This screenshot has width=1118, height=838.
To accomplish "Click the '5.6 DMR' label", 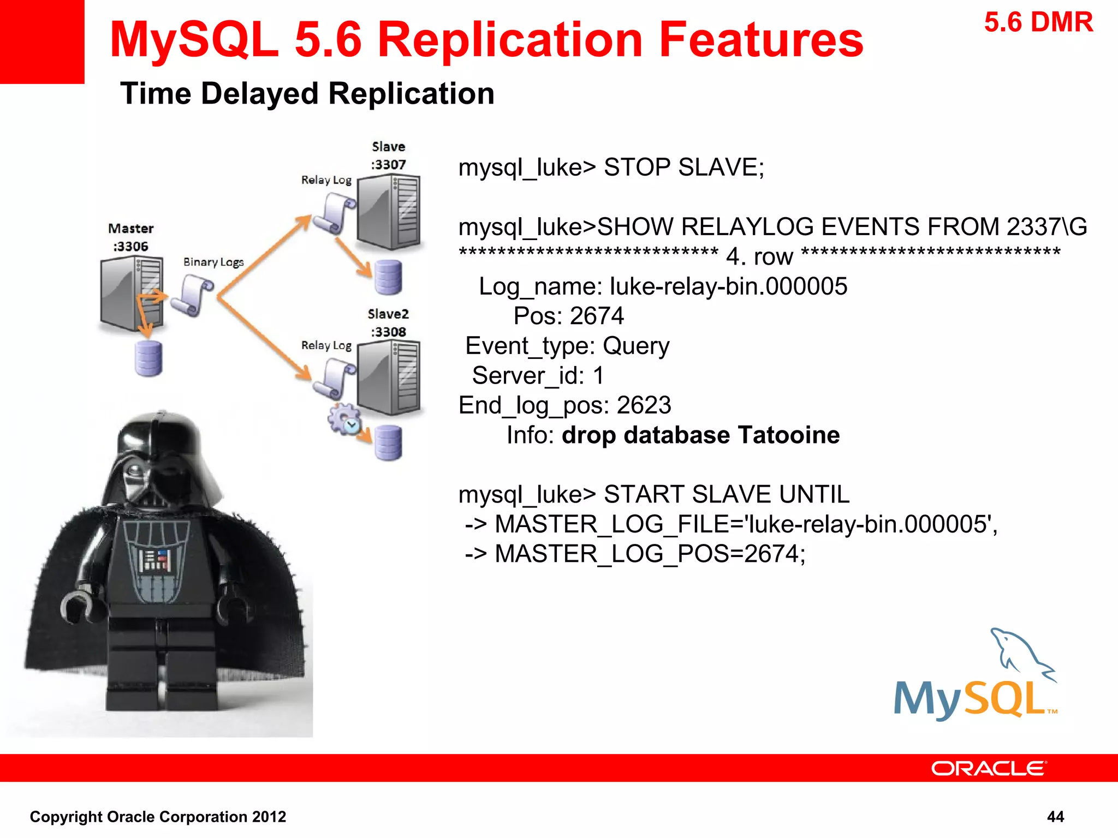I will [1038, 23].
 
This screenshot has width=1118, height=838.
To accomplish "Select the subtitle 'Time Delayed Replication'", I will [307, 93].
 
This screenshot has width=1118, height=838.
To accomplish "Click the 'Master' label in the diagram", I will [130, 228].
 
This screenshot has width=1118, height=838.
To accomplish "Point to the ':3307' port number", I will [388, 164].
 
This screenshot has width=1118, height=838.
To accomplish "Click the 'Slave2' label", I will [388, 314].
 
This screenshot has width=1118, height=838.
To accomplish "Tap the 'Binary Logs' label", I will [213, 262].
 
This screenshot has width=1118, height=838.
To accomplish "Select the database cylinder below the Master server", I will [148, 358].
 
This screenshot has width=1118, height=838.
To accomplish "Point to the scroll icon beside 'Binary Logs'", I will [192, 295].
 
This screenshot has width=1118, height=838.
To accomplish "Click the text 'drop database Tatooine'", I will [700, 435].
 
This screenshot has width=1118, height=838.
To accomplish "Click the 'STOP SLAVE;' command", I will [683, 167].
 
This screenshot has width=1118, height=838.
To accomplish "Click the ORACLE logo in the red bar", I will [988, 768].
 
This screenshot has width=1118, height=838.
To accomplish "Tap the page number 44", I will [1055, 816].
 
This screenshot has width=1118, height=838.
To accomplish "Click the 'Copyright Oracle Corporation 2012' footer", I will [158, 816].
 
